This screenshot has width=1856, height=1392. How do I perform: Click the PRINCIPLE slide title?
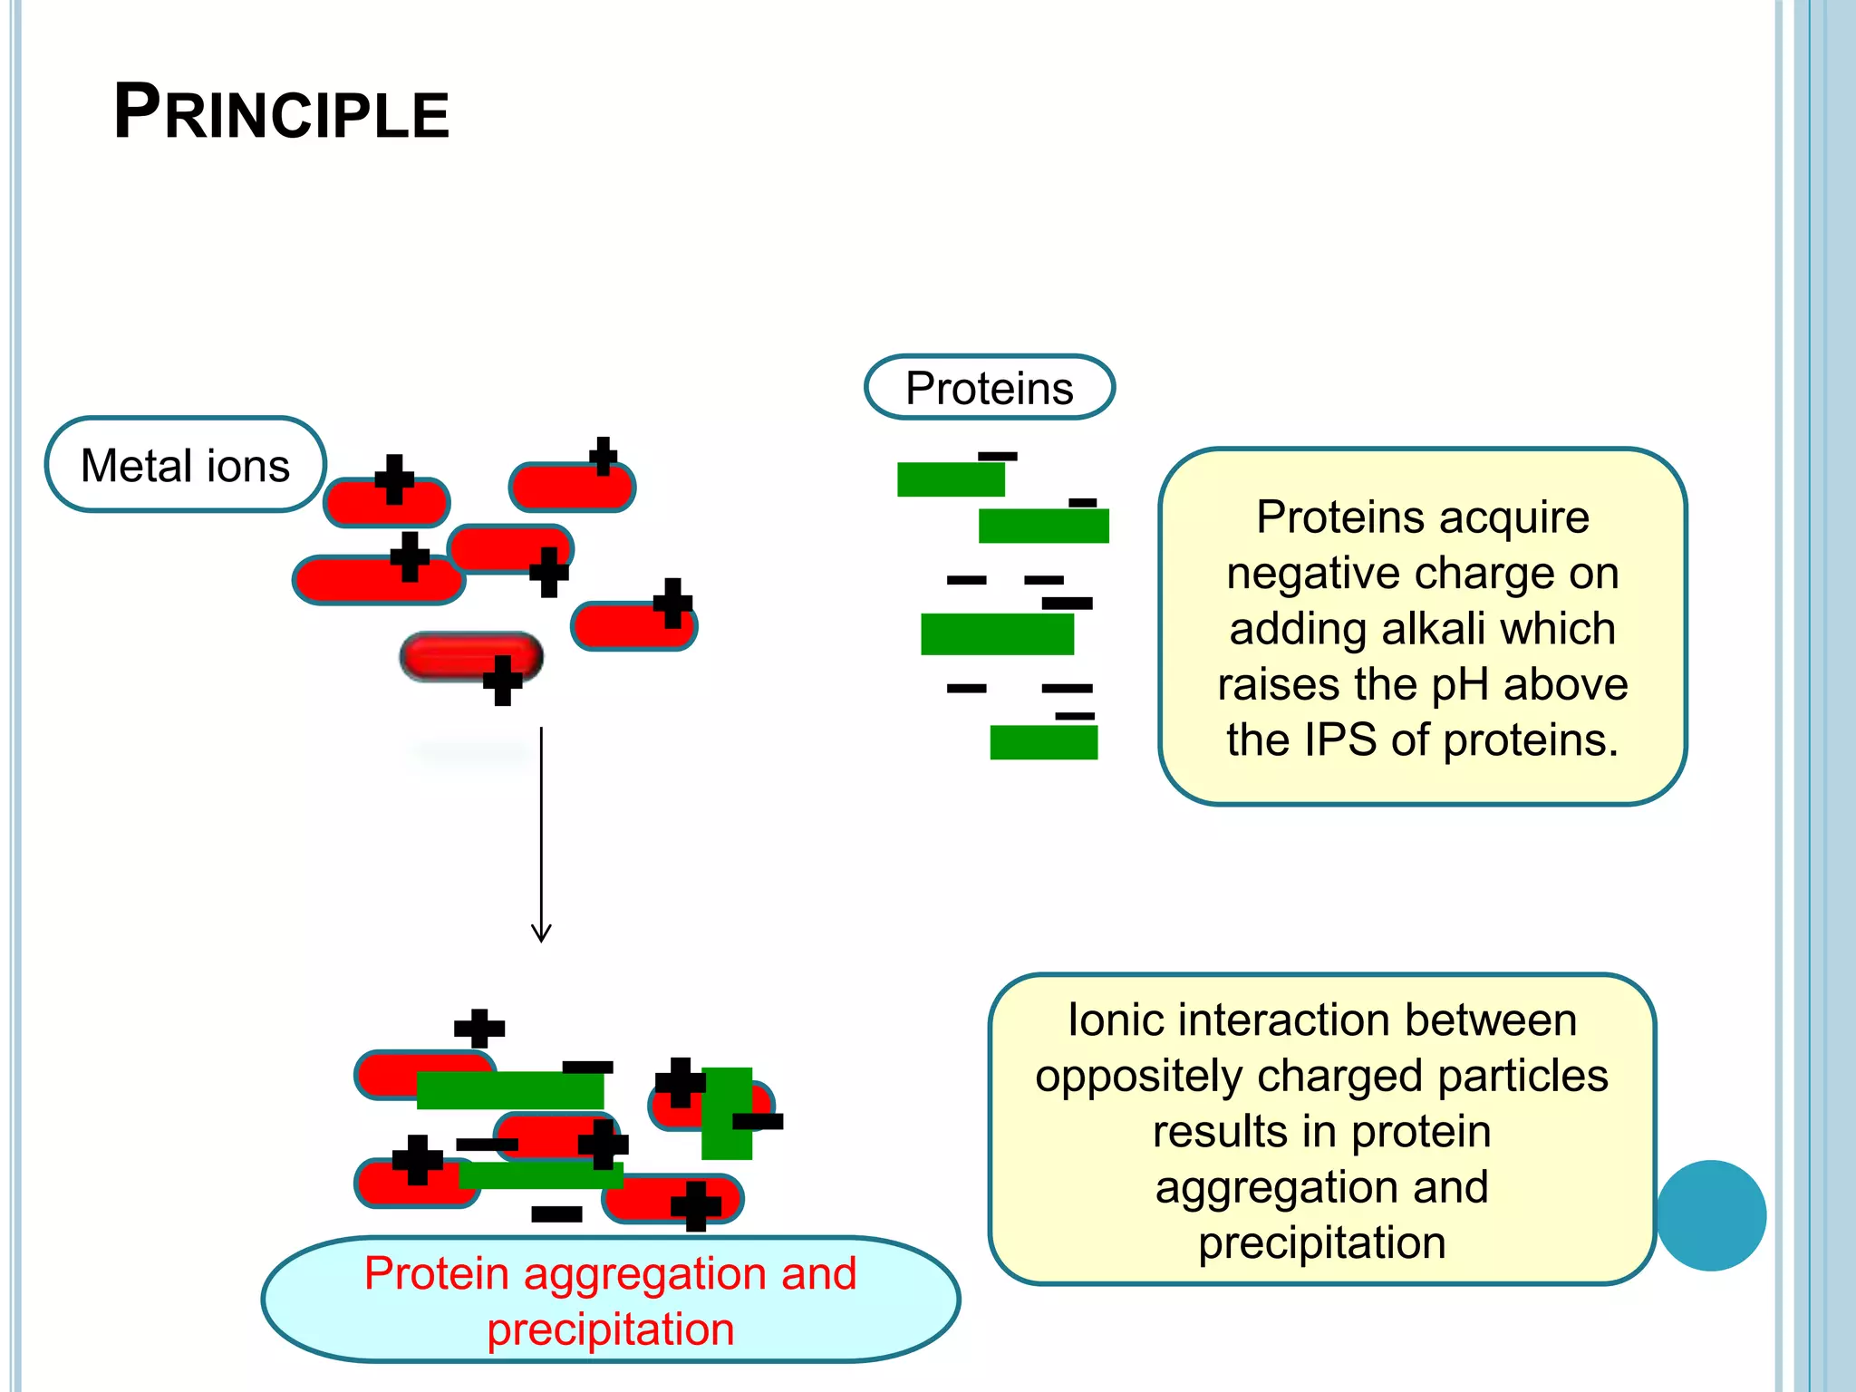click(x=281, y=112)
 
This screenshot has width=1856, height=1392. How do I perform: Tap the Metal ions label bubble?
click(x=185, y=465)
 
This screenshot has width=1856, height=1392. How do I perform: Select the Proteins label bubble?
click(x=989, y=388)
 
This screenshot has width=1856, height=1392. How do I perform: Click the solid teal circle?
click(x=1710, y=1215)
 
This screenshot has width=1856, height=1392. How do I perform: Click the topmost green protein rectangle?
click(x=951, y=479)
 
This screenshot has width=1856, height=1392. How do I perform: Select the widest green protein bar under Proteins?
click(x=997, y=633)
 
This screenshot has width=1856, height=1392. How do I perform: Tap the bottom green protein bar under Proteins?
click(x=1043, y=742)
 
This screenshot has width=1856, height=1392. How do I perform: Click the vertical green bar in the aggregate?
click(x=727, y=1113)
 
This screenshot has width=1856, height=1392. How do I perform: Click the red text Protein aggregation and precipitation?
click(x=610, y=1300)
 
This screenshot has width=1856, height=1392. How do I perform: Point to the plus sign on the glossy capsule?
click(x=502, y=680)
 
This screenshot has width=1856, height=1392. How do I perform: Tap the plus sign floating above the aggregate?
click(x=479, y=1028)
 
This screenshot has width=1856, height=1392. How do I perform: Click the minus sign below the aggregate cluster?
click(x=556, y=1213)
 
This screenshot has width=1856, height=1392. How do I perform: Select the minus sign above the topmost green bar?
click(x=998, y=456)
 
